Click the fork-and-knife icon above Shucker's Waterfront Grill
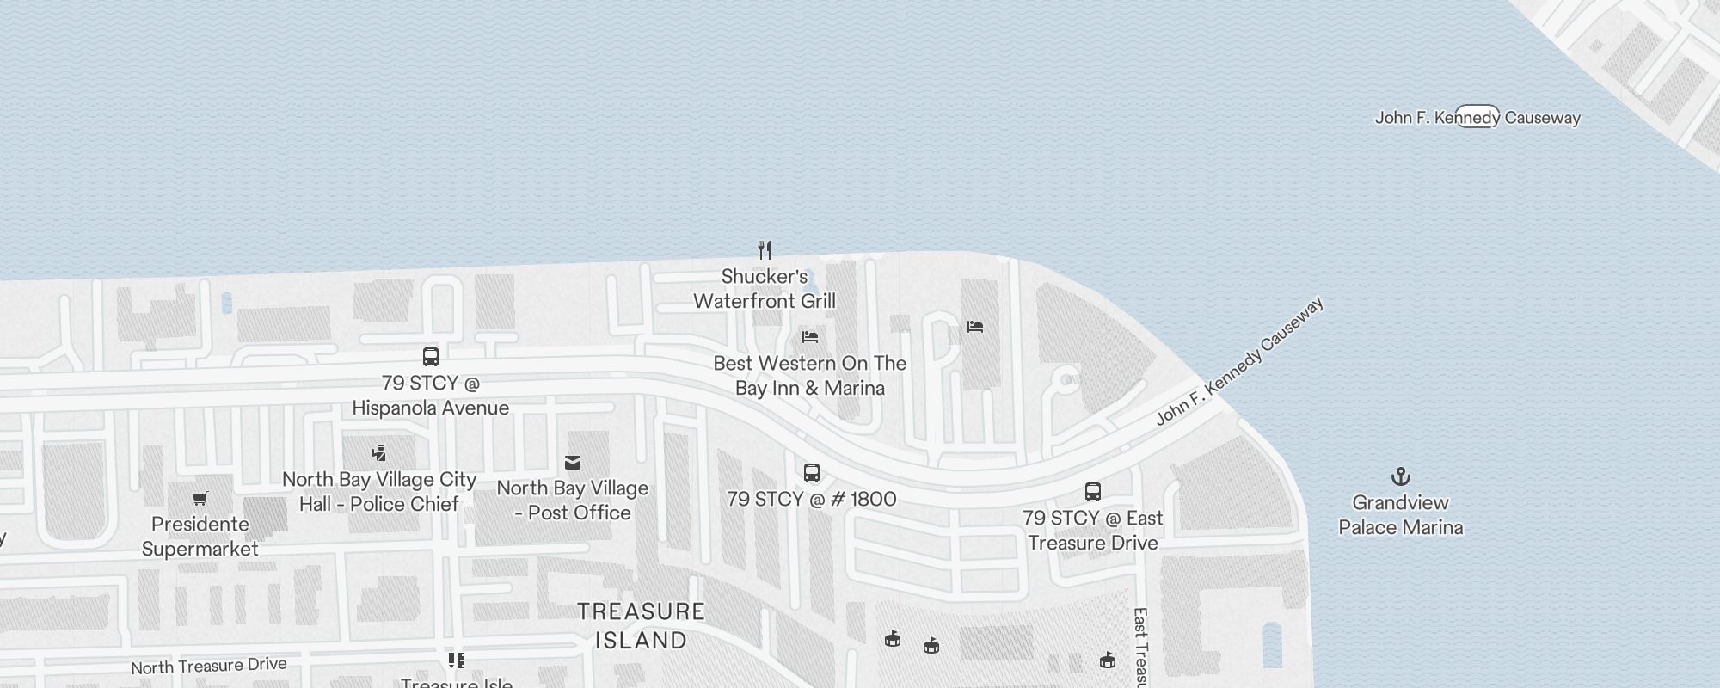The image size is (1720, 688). coord(765,250)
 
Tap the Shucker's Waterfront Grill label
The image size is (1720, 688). coord(765,289)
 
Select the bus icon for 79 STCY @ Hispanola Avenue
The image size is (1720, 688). coord(431,357)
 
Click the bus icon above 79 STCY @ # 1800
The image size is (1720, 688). coord(812,472)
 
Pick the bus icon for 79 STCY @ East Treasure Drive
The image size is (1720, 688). coord(1093,492)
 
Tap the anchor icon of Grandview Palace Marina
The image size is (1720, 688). coord(1401,476)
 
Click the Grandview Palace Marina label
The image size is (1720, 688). coord(1400,515)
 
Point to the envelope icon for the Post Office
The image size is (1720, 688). coord(573,463)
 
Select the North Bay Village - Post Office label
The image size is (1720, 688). coord(573,501)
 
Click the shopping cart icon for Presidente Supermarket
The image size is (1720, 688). coord(200,498)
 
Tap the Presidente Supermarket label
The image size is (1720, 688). coord(200,537)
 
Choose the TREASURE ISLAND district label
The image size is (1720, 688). coord(642,625)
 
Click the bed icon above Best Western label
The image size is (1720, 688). coord(810,336)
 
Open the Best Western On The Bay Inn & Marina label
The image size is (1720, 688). coord(810,376)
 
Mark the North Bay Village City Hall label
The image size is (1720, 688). coord(379,492)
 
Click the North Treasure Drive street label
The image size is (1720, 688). coord(209,666)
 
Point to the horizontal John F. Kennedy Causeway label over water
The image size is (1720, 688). coord(1477,118)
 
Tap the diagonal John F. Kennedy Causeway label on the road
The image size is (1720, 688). coord(1239,361)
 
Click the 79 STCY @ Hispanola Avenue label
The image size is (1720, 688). coord(431,396)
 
